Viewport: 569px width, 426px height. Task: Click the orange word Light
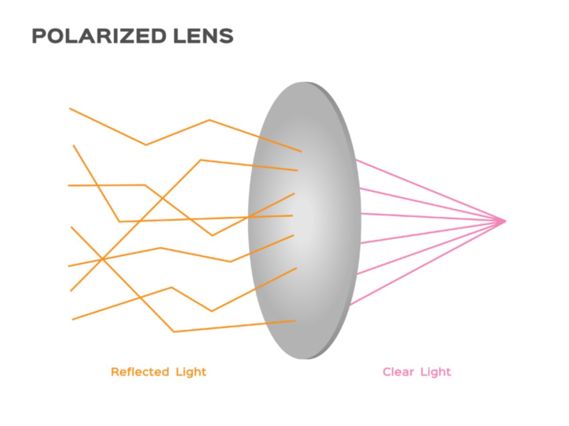pos(191,371)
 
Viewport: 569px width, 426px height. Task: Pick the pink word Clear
pos(399,371)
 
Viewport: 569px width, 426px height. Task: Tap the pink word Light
pos(436,371)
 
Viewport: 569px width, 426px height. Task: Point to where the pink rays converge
pos(505,221)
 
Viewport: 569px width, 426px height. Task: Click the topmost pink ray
pos(427,189)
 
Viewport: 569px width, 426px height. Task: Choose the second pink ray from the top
pos(427,204)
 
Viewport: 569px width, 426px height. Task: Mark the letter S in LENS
pos(227,37)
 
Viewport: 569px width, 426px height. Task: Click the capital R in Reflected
pos(114,371)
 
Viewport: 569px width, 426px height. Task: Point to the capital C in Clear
pos(387,371)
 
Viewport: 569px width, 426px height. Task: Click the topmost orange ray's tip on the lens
pos(301,151)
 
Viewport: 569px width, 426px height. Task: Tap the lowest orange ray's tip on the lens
pos(295,321)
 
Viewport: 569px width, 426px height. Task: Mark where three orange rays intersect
pos(102,259)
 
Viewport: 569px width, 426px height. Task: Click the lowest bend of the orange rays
pos(174,332)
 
